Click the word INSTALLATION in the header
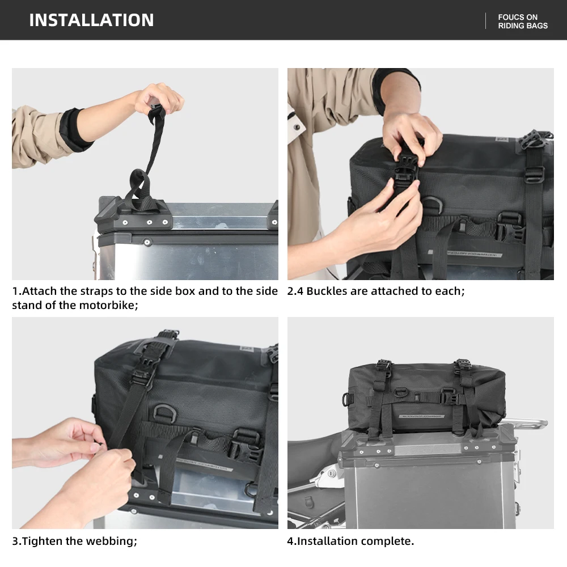[91, 20]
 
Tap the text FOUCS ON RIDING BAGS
[523, 22]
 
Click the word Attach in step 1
[40, 291]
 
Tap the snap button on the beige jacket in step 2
[297, 127]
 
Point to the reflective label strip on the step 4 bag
[422, 416]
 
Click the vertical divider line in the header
[485, 21]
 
